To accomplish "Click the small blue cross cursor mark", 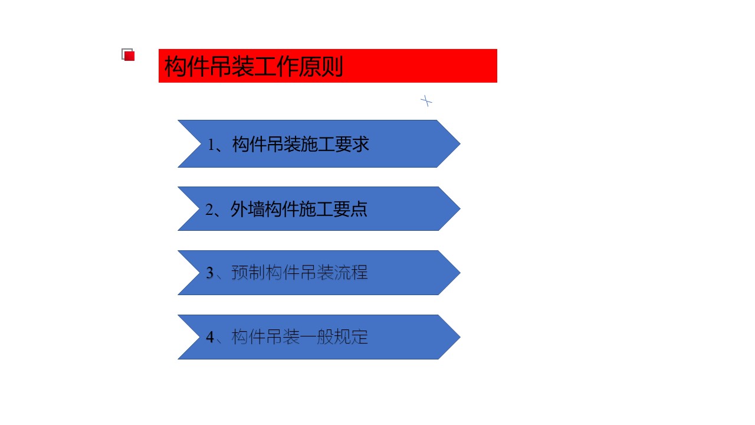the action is coord(426,101).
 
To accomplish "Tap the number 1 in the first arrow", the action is coord(211,145).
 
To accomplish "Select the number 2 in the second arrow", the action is coord(209,210).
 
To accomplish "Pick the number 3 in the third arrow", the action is coord(209,273).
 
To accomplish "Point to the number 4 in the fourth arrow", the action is coord(209,337).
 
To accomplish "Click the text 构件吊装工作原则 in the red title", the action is coord(254,66).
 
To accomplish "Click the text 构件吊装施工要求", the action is coord(301,145).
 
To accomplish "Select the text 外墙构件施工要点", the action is coord(299,209).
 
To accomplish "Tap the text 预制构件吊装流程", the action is coord(299,272).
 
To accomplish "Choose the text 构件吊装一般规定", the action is coord(299,336).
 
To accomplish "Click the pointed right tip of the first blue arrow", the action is coord(460,143).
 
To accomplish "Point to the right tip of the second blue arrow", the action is coord(460,209).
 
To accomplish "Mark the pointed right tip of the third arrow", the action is coord(460,273).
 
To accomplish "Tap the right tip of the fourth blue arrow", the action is coord(460,337).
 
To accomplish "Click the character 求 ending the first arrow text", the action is coord(360,145).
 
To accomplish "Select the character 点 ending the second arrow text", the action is coord(359,209).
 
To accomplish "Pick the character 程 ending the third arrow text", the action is coord(359,272).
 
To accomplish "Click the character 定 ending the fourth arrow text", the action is coord(359,336).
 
